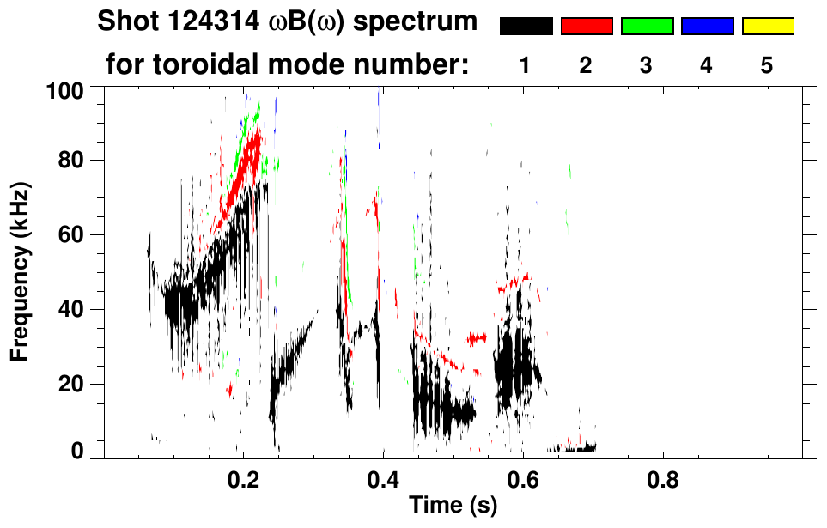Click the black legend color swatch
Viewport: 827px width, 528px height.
click(x=526, y=27)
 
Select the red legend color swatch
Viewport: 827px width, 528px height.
click(x=587, y=27)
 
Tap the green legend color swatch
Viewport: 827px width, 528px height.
click(x=647, y=27)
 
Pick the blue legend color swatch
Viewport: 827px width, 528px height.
click(x=707, y=27)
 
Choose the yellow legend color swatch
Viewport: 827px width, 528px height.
click(x=768, y=27)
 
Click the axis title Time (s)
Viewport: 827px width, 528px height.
click(x=453, y=506)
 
